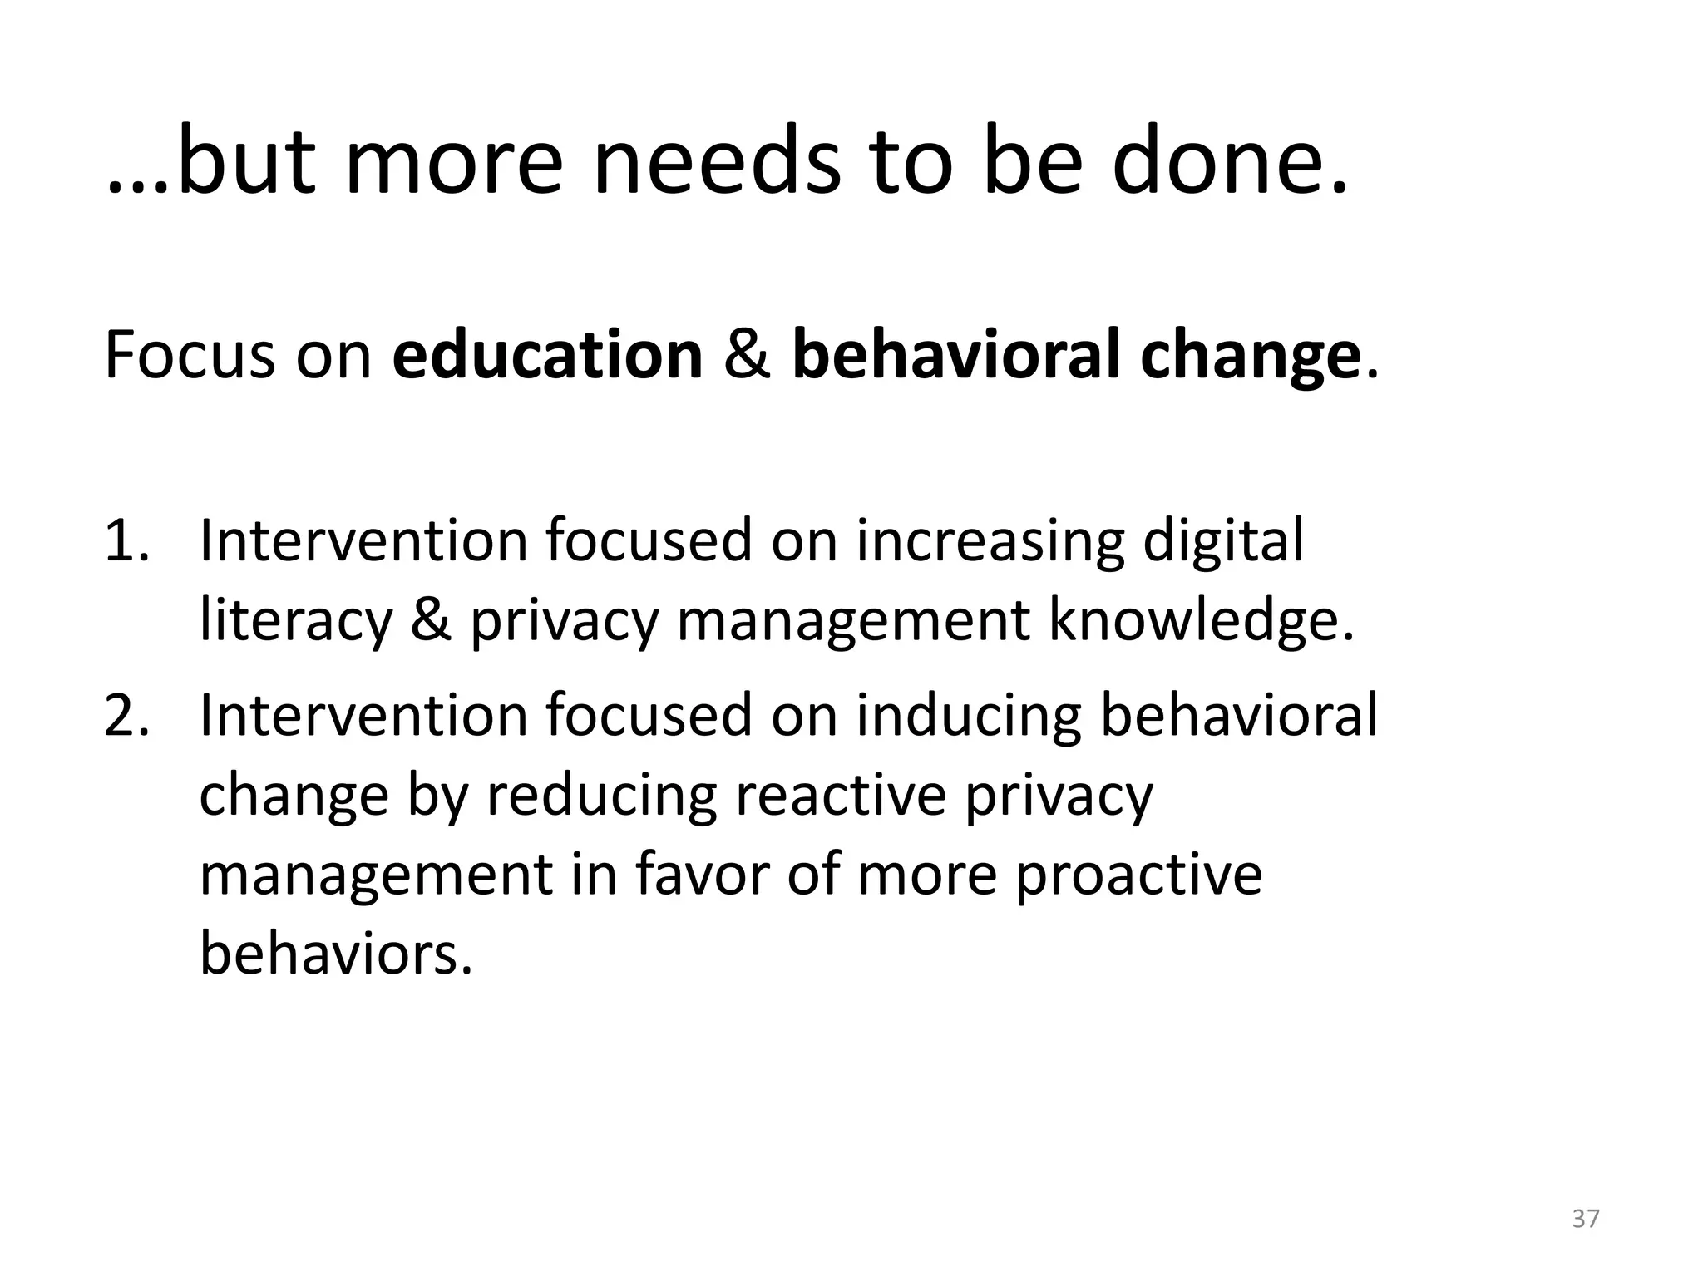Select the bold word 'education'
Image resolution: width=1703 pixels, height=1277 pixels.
tap(548, 356)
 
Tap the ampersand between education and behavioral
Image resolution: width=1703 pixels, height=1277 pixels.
tap(748, 356)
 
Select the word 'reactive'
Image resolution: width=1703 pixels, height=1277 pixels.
tap(841, 795)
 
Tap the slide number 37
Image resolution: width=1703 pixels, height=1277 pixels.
tap(1586, 1219)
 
